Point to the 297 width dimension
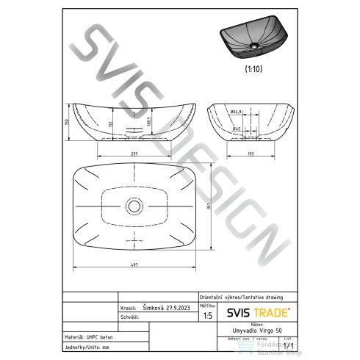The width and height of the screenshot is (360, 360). tap(134, 154)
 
